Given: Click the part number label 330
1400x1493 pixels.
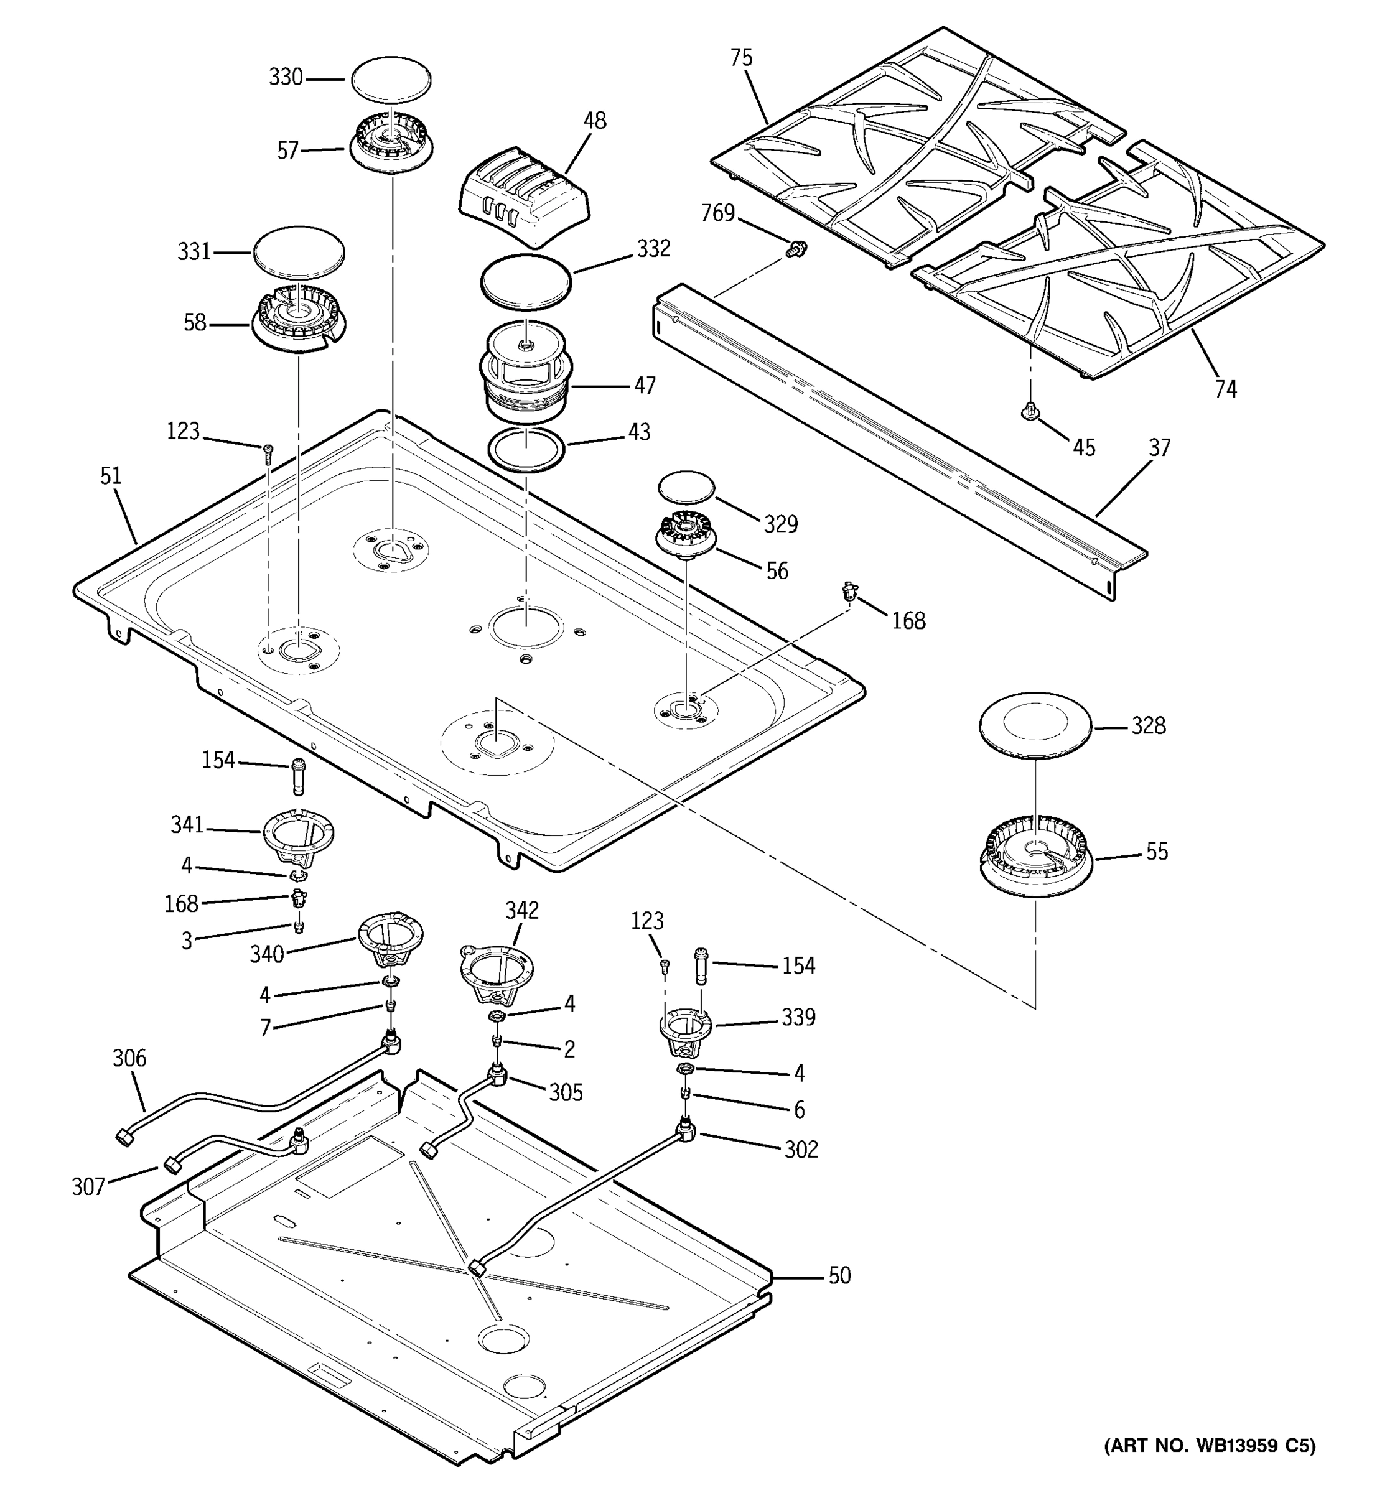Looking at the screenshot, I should tap(286, 77).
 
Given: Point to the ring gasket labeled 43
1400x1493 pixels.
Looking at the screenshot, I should tap(526, 449).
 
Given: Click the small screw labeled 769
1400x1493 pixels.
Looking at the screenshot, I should tap(794, 249).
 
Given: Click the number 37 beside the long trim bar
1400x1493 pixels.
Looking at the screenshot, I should tap(1160, 448).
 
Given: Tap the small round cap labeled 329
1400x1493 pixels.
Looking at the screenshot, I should tap(686, 486).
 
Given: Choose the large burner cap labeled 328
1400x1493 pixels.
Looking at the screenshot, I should tap(1034, 725).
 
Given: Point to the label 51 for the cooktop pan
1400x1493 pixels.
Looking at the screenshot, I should tap(110, 475).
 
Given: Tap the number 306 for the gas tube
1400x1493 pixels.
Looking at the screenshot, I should tap(129, 1058).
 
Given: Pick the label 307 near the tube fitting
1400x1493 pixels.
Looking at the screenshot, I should tap(88, 1186).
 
